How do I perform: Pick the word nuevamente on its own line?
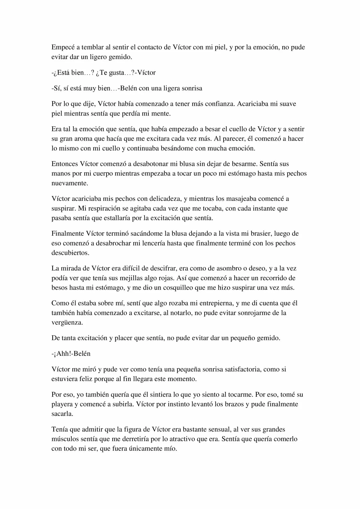(x=70, y=183)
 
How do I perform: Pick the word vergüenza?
(x=67, y=323)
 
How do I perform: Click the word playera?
(x=62, y=404)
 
